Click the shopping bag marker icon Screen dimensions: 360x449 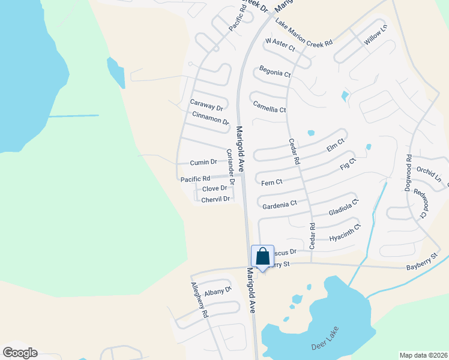click(262, 257)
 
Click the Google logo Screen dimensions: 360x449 click(20, 353)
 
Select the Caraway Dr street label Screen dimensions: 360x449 click(206, 105)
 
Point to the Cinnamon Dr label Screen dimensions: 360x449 click(211, 118)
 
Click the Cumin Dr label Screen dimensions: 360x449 click(203, 162)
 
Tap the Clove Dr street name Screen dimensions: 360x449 click(215, 188)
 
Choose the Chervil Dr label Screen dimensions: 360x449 click(215, 199)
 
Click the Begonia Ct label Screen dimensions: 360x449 click(275, 73)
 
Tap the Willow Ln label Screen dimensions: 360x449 click(376, 35)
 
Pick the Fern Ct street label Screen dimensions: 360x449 click(271, 181)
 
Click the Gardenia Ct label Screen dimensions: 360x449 click(280, 205)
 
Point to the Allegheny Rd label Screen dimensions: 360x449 click(199, 300)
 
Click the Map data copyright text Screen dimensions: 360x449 click(423, 355)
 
